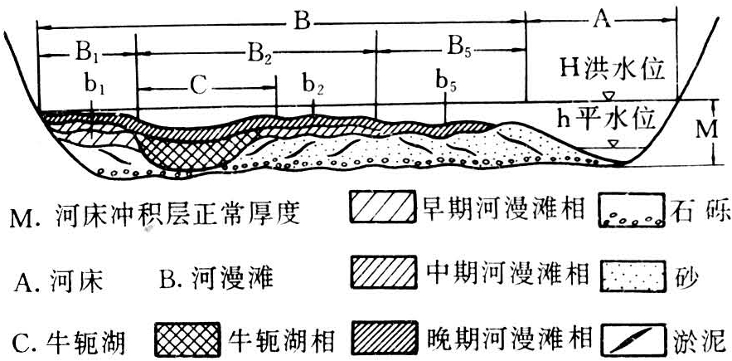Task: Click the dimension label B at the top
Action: click(x=303, y=22)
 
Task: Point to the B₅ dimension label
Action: click(x=460, y=48)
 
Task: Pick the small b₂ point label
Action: click(x=313, y=85)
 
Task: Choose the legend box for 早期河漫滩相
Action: click(x=382, y=206)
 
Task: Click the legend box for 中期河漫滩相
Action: click(x=382, y=271)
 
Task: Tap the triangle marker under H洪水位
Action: click(x=608, y=96)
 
